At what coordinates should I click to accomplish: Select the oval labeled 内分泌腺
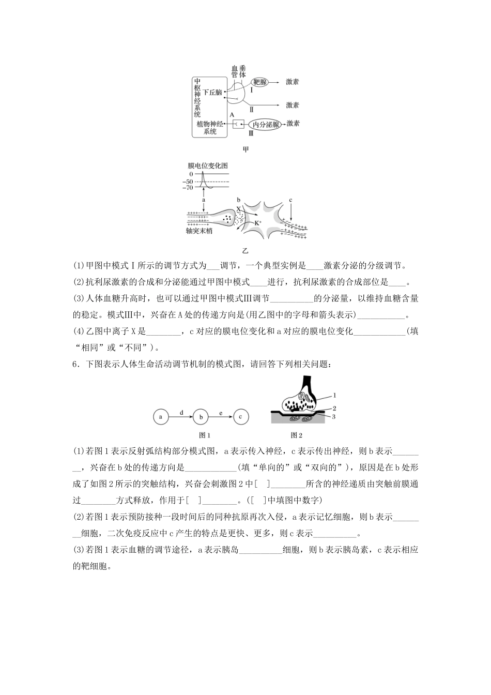265,124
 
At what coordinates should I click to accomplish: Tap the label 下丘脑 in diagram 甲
212,92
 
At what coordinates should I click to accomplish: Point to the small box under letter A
238,124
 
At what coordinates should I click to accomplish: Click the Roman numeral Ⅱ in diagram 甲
252,109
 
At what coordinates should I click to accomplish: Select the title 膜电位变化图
208,166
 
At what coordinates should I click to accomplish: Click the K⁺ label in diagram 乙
259,222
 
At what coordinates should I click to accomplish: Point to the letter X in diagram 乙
238,208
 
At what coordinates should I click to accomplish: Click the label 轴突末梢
199,231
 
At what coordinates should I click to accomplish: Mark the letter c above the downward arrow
290,200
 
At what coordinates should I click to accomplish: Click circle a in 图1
161,416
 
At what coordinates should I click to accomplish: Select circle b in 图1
201,416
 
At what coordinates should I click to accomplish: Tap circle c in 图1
240,416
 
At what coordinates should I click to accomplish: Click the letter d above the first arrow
181,412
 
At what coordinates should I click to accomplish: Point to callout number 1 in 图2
334,395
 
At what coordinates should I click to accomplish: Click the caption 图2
296,435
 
